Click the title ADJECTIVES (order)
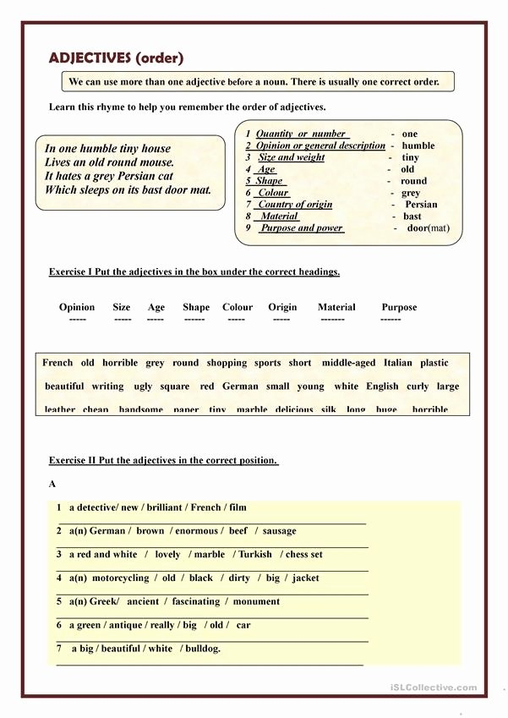(x=116, y=58)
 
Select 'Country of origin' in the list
(x=295, y=205)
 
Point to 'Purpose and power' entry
(x=301, y=228)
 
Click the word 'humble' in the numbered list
(x=418, y=145)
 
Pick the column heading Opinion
(x=77, y=307)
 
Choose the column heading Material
(x=336, y=307)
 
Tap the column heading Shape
(x=196, y=307)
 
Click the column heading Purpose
(x=399, y=307)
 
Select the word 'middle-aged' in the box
(x=348, y=363)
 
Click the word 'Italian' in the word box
(x=398, y=363)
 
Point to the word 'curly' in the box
(x=418, y=386)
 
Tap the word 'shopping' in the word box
(x=227, y=363)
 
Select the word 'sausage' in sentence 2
(x=279, y=531)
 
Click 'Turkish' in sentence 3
(x=255, y=555)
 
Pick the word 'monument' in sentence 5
(x=256, y=601)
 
